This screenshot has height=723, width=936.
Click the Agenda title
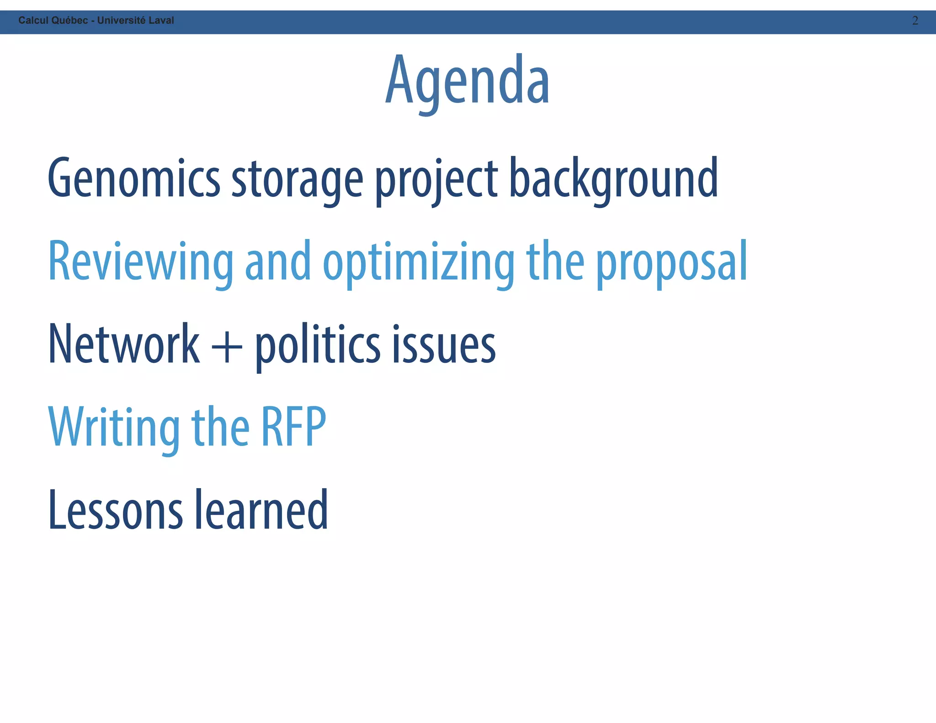tap(467, 81)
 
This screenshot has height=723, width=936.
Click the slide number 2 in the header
tap(915, 21)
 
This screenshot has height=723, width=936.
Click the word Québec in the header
tap(69, 21)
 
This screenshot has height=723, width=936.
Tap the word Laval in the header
tap(161, 21)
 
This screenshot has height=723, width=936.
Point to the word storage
tap(298, 179)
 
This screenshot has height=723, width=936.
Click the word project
tap(436, 179)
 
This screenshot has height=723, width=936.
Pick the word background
tap(613, 179)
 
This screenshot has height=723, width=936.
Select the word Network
tap(124, 345)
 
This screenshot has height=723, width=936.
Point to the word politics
tap(317, 345)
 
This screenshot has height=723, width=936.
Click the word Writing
tap(114, 428)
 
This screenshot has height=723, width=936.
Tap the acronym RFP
tap(293, 427)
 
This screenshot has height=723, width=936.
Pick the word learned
tap(261, 510)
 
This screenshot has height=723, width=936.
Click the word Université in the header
tap(121, 21)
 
